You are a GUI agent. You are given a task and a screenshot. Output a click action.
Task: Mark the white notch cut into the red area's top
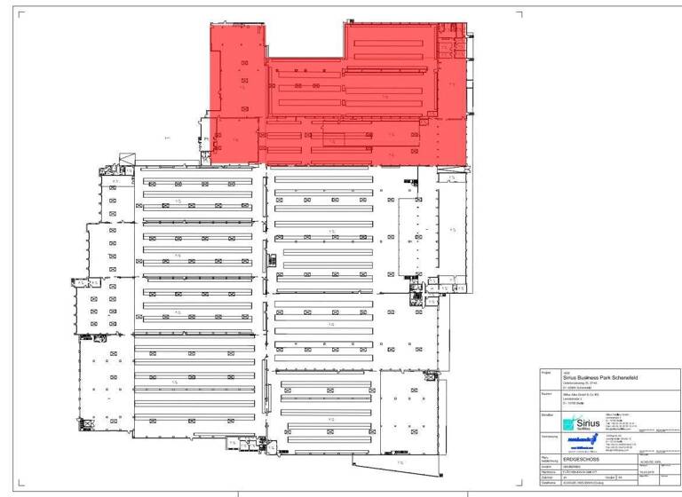tap(305, 41)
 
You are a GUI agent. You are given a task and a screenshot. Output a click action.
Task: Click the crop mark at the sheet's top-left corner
tap(20, 14)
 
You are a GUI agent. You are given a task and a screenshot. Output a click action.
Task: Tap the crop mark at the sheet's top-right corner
tap(519, 14)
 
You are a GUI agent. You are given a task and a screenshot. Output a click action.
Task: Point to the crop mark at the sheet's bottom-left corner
tap(20, 485)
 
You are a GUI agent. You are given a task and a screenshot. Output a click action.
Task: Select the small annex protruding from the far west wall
tap(79, 283)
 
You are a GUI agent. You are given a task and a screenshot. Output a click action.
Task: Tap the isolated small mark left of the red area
tap(167, 138)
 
